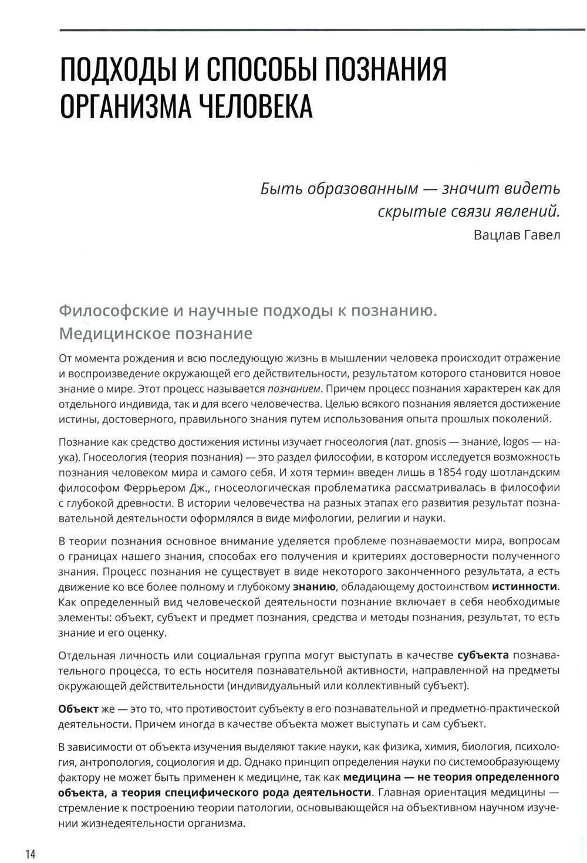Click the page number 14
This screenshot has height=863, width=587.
(x=31, y=853)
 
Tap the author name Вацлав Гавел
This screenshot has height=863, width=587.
(x=516, y=235)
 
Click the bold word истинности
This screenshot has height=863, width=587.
(x=524, y=586)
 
